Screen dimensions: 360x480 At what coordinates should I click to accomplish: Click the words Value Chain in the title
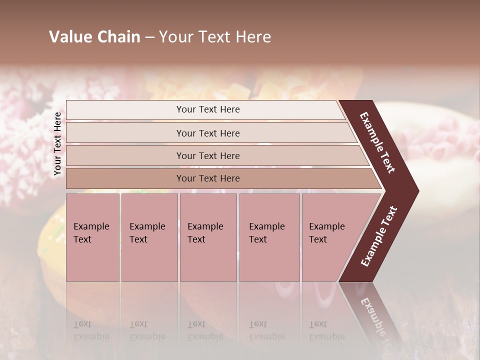pyautogui.click(x=94, y=37)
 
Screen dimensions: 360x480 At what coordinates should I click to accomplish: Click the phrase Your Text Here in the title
pyautogui.click(x=215, y=37)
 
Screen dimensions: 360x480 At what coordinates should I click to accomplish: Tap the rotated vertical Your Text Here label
pyautogui.click(x=57, y=144)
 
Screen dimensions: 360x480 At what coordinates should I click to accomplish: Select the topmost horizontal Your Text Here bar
pyautogui.click(x=208, y=109)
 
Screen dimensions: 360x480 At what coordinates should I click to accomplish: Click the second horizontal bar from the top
pyautogui.click(x=208, y=133)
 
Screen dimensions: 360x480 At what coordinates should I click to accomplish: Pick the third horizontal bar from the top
pyautogui.click(x=208, y=155)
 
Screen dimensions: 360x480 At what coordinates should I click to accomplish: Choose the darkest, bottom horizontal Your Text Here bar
pyautogui.click(x=208, y=178)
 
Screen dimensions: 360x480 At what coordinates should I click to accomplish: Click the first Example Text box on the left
pyautogui.click(x=92, y=237)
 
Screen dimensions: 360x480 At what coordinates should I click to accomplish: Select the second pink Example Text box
pyautogui.click(x=149, y=237)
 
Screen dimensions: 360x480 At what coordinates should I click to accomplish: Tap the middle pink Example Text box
pyautogui.click(x=208, y=237)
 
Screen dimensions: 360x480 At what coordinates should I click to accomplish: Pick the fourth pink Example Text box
pyautogui.click(x=269, y=237)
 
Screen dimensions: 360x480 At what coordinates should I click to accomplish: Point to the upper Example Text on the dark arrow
pyautogui.click(x=378, y=142)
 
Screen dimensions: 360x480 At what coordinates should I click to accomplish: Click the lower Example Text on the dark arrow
pyautogui.click(x=378, y=236)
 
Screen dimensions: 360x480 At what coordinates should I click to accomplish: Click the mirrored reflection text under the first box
pyautogui.click(x=91, y=330)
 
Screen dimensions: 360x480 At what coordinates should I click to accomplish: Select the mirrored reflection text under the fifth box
pyautogui.click(x=326, y=330)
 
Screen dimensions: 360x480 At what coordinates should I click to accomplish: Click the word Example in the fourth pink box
pyautogui.click(x=267, y=226)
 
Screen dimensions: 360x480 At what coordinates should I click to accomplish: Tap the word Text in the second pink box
pyautogui.click(x=138, y=239)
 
